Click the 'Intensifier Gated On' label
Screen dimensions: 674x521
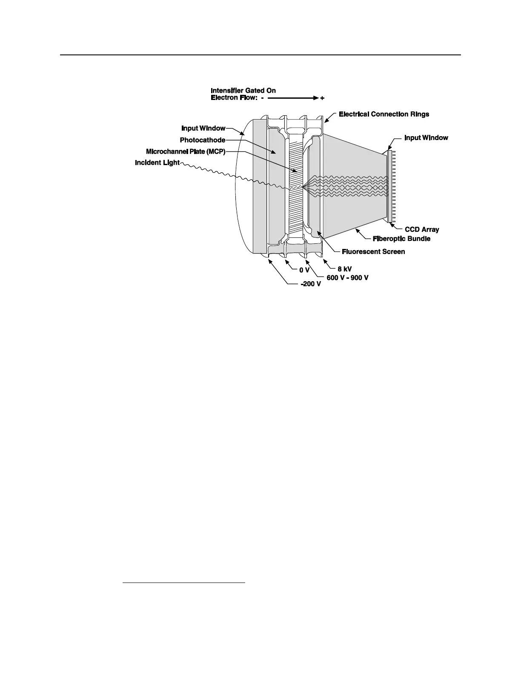click(243, 91)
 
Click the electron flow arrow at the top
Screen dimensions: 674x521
click(293, 98)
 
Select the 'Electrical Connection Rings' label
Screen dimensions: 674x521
click(384, 114)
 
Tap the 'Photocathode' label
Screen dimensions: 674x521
click(202, 140)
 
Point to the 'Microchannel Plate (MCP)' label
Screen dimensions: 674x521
click(185, 151)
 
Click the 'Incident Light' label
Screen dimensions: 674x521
click(157, 163)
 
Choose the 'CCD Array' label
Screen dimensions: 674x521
click(421, 229)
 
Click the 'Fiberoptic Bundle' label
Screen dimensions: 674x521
click(401, 239)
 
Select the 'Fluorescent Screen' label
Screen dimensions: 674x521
click(373, 251)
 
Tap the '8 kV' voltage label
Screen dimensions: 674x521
click(344, 269)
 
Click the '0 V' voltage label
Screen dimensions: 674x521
click(304, 270)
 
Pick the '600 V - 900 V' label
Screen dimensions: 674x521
click(347, 278)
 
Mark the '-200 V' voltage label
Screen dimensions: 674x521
click(310, 284)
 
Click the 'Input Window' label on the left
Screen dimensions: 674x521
click(203, 129)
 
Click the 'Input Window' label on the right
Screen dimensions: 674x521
click(426, 138)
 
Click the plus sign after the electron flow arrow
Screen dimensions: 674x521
click(322, 98)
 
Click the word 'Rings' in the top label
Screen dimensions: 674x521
click(418, 114)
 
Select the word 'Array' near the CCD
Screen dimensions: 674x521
click(430, 229)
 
